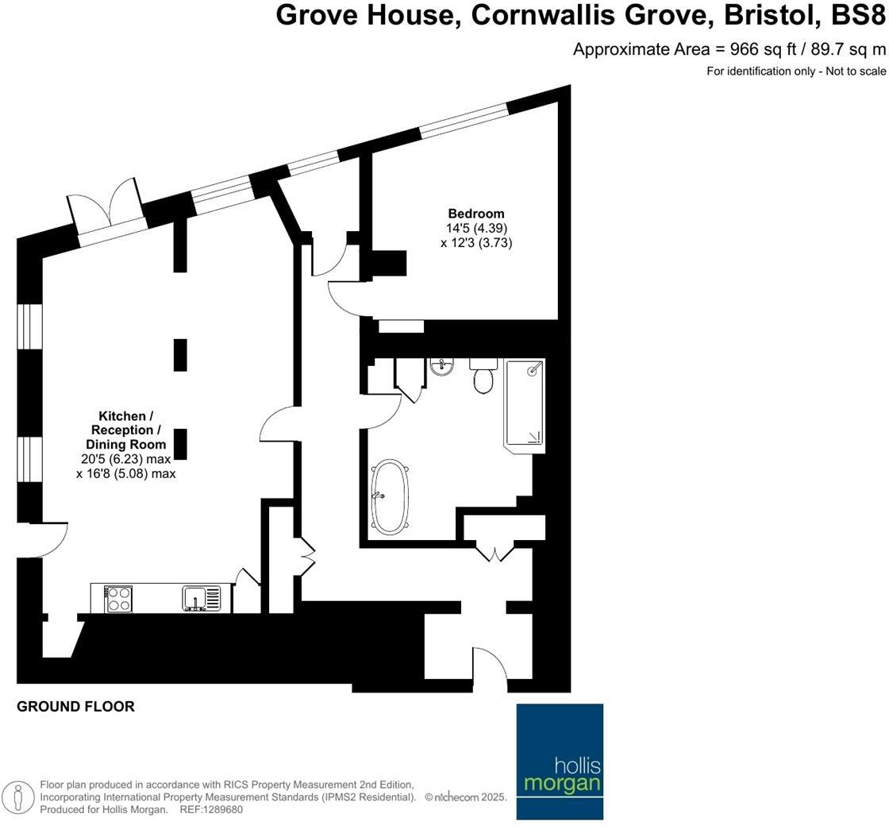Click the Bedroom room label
(x=475, y=214)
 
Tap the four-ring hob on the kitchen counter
(x=119, y=598)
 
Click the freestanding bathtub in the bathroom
(x=390, y=496)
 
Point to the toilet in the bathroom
(x=483, y=376)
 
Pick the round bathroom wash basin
(x=441, y=367)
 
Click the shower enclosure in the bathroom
(x=525, y=404)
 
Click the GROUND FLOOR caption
(x=75, y=707)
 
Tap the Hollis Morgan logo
(x=560, y=762)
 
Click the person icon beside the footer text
(x=18, y=796)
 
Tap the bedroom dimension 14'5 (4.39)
(x=476, y=229)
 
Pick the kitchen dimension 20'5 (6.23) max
(x=125, y=459)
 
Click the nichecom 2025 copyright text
(x=467, y=797)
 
